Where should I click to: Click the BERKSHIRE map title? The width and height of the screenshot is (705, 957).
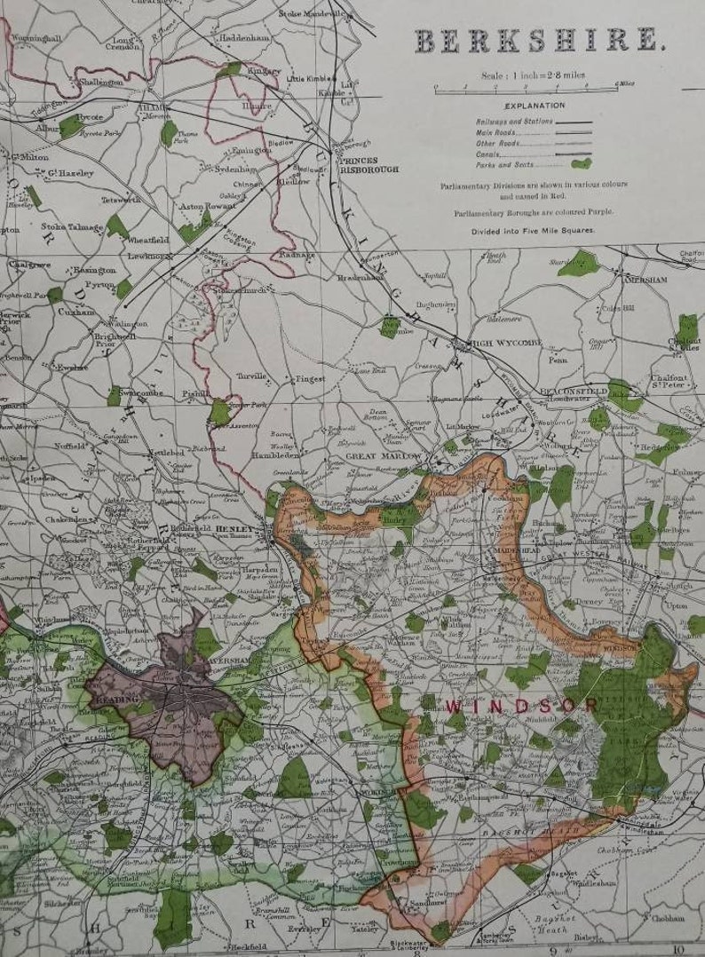[537, 40]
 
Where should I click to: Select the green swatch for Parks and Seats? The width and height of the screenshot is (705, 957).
[581, 163]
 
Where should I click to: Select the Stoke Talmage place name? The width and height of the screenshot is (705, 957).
[65, 226]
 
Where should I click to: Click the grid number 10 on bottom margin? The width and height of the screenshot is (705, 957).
[678, 950]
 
